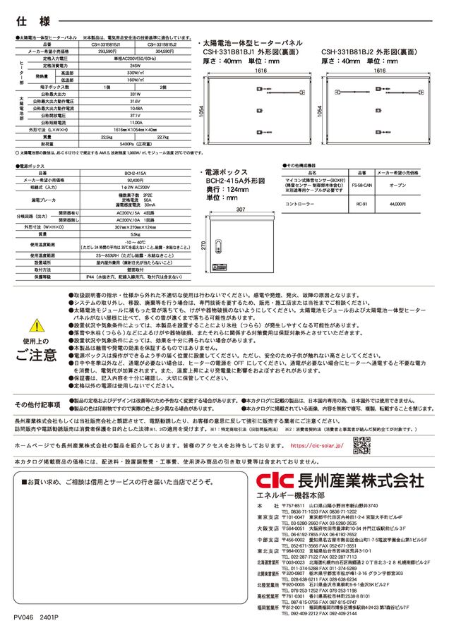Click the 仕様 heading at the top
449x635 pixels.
25,16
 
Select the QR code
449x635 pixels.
361,445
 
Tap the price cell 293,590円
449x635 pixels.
107,52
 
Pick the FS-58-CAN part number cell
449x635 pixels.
359,184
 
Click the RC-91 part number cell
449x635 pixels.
359,203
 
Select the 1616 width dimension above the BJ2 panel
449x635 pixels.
376,71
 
